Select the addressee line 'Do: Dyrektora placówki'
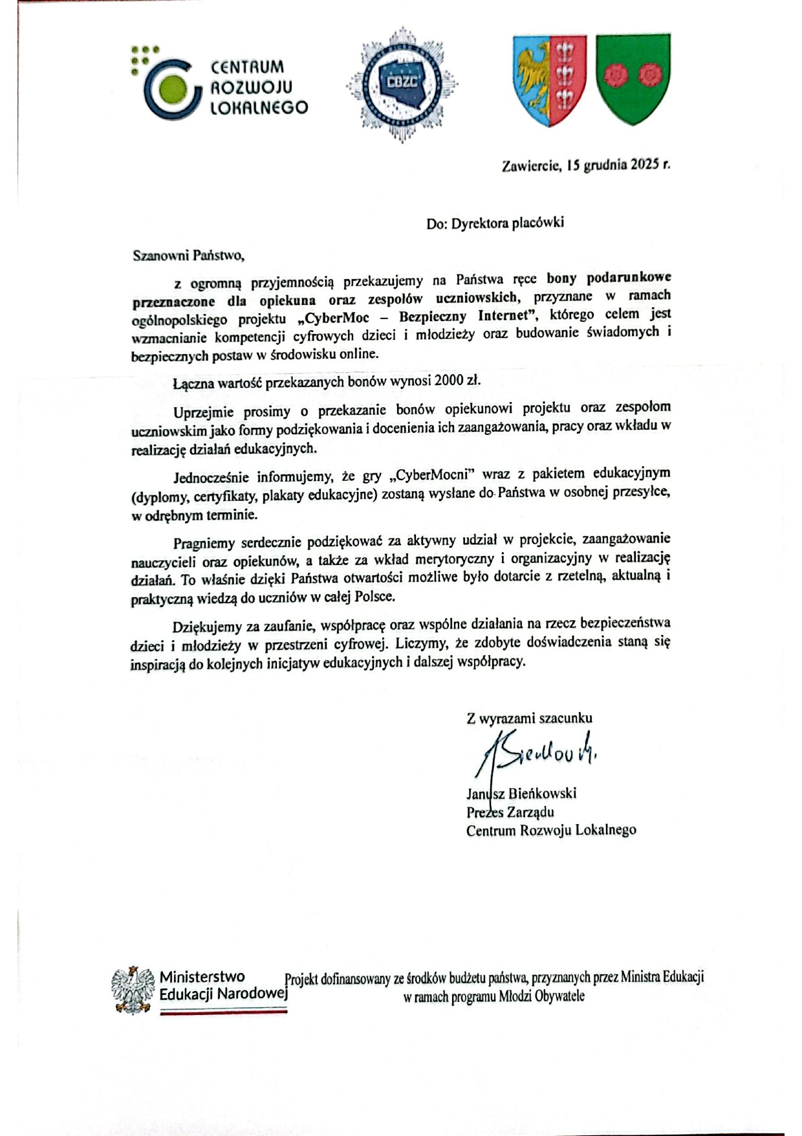(x=495, y=223)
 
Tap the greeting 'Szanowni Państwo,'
(x=188, y=255)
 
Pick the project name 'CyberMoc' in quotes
(x=341, y=317)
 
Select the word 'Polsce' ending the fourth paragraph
(x=374, y=597)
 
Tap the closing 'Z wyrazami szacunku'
(x=529, y=718)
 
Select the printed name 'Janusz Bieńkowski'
(x=521, y=794)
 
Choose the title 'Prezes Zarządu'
(x=510, y=812)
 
